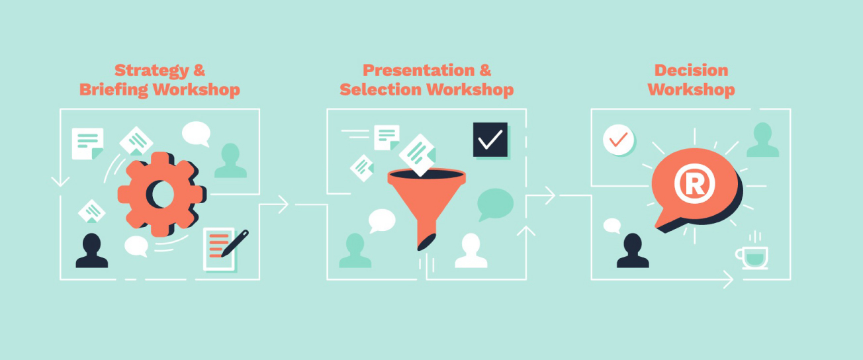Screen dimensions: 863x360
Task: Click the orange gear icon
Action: click(161, 194)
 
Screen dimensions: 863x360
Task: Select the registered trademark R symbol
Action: click(694, 183)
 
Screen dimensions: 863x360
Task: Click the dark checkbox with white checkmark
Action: click(490, 140)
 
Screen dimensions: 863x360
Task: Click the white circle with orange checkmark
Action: click(618, 140)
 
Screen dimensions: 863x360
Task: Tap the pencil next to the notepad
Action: click(235, 244)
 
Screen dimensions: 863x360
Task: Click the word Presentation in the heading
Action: click(418, 71)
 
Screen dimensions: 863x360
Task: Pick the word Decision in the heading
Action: click(691, 71)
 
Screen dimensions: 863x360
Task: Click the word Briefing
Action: click(114, 90)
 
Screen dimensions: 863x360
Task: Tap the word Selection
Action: click(381, 89)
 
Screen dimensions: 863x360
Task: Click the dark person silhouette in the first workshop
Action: click(92, 251)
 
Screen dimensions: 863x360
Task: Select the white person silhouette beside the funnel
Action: click(471, 251)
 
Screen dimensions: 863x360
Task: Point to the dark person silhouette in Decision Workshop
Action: click(633, 251)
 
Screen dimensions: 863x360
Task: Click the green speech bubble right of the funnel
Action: click(495, 204)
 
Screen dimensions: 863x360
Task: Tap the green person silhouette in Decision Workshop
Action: click(763, 140)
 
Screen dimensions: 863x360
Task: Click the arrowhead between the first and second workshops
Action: click(283, 204)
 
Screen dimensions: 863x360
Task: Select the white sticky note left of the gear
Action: click(87, 144)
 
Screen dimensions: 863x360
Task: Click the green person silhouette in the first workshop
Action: click(230, 160)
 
